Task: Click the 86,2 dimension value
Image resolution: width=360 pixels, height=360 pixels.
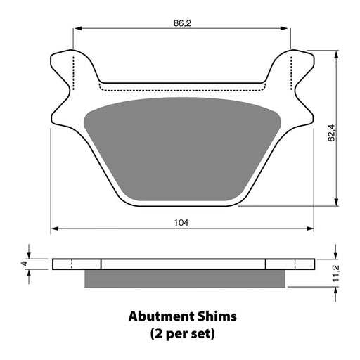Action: [182, 24]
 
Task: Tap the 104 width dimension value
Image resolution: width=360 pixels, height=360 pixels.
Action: [182, 222]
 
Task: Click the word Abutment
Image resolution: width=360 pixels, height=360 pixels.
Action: [161, 316]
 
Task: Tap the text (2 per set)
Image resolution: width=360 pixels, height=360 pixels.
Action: [182, 332]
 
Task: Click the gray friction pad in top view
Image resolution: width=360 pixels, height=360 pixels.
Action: [182, 141]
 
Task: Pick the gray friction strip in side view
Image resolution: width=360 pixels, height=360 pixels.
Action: [184, 279]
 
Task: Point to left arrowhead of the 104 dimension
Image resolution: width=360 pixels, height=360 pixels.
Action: [53, 229]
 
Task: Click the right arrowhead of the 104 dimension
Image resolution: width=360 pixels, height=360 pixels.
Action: [311, 229]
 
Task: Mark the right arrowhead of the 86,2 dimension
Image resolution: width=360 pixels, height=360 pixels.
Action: [287, 29]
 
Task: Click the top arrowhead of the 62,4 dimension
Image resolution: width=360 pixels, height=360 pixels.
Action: [339, 53]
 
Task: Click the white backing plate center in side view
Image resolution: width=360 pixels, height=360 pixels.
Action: [183, 264]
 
